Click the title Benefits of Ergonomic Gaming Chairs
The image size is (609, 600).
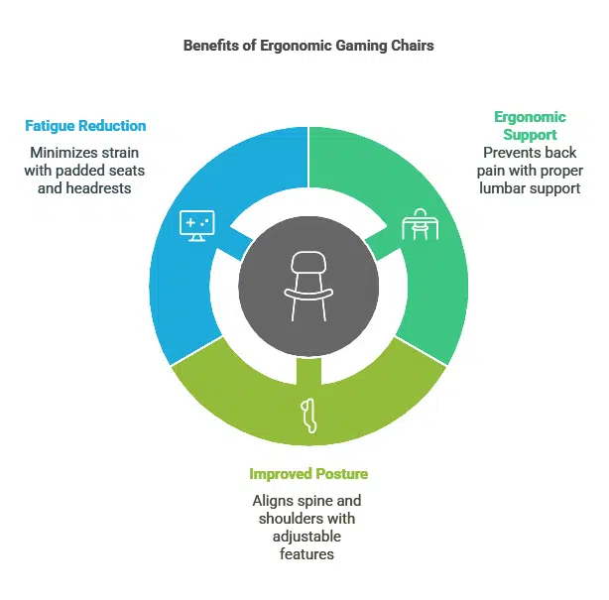304,46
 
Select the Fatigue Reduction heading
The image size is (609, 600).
85,126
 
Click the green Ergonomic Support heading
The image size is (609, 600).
530,125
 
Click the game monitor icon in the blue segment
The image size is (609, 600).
194,224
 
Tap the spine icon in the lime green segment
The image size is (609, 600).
309,415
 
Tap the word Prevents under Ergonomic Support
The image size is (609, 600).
514,152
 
